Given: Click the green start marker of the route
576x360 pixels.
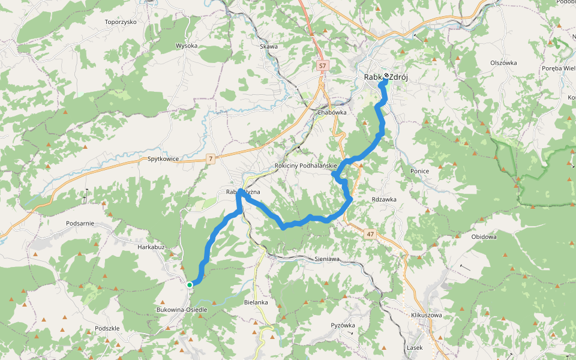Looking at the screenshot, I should [189, 284].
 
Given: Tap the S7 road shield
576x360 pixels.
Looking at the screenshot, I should [323, 65].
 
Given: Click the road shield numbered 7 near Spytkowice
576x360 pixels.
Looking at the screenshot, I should [210, 158].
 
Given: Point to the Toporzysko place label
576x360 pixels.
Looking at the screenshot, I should [121, 22].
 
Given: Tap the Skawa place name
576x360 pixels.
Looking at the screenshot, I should [269, 46].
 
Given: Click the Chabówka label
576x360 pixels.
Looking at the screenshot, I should [332, 112].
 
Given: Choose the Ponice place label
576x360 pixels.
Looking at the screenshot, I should [420, 171].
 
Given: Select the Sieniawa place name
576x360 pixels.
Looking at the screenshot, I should [327, 259].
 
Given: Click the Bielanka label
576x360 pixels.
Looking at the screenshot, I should [256, 302].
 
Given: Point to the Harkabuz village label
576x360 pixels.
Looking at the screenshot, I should [151, 247].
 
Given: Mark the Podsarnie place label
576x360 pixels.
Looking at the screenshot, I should [80, 223].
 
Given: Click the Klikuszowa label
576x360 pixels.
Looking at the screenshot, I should [427, 314].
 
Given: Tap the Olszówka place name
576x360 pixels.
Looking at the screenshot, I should [503, 63].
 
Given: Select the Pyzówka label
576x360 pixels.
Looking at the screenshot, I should [343, 325].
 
